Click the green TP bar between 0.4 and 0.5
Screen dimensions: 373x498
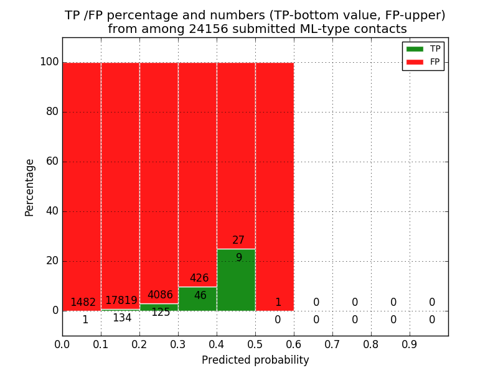[236, 280]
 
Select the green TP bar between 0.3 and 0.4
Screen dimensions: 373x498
[197, 299]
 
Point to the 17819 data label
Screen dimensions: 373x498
[121, 301]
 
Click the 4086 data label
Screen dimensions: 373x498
[160, 295]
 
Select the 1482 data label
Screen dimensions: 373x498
[83, 303]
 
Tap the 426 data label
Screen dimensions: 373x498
[199, 279]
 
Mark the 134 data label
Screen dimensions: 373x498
[122, 318]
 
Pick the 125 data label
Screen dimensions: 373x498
[161, 313]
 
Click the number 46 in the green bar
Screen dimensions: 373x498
[200, 296]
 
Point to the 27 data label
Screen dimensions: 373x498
[238, 241]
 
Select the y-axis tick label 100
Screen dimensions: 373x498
[49, 62]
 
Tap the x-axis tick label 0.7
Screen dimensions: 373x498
[332, 344]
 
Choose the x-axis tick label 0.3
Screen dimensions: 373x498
[178, 344]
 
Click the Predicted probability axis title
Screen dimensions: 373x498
[255, 360]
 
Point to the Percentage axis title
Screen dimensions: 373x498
[30, 187]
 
